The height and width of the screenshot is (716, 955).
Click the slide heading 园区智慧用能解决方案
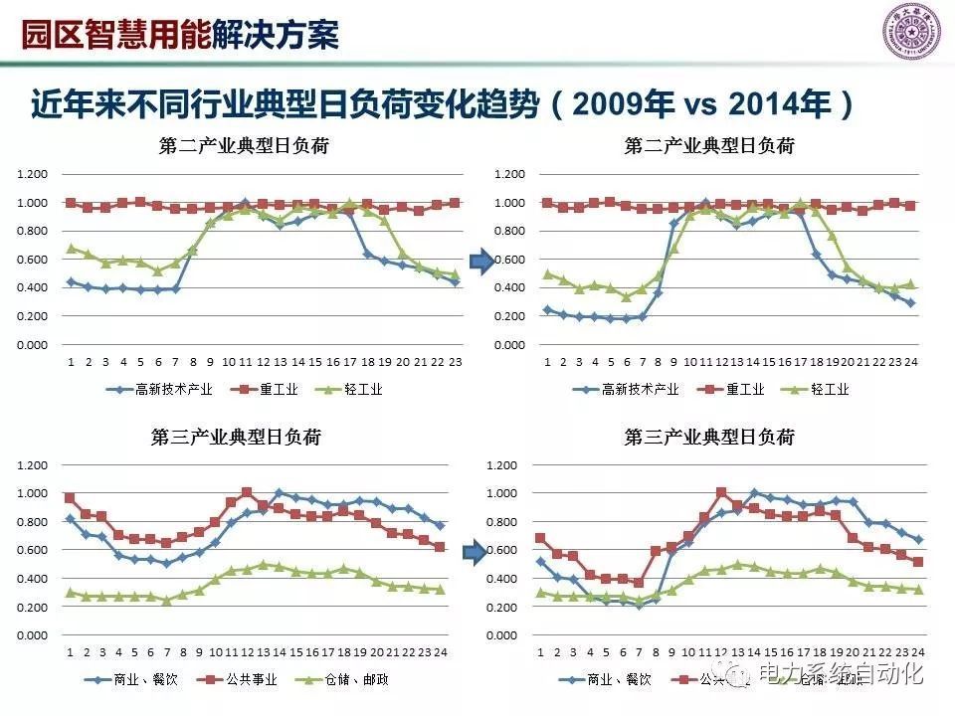(180, 33)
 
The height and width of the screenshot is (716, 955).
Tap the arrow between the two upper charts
(481, 263)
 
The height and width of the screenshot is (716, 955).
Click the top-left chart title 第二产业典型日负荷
(244, 146)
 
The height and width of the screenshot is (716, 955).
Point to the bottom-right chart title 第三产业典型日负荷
(709, 437)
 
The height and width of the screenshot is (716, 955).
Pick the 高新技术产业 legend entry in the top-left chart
(162, 389)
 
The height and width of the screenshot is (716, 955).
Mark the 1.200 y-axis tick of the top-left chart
(33, 174)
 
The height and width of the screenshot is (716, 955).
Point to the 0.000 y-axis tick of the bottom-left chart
(33, 635)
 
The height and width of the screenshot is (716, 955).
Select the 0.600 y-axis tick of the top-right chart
(509, 260)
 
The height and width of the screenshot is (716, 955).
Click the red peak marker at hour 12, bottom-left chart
(247, 492)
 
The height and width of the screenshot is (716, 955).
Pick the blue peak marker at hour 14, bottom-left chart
(279, 492)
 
